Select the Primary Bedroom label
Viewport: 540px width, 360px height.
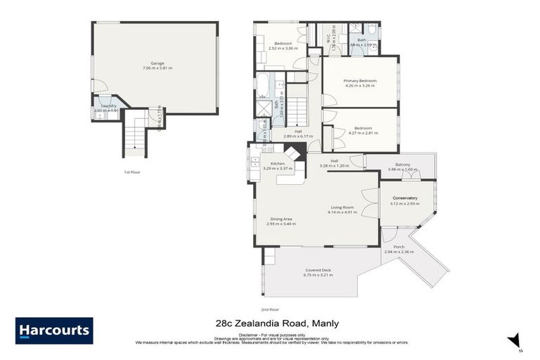pyautogui.click(x=360, y=81)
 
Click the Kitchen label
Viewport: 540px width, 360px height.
pyautogui.click(x=272, y=163)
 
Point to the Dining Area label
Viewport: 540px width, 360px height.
pyautogui.click(x=281, y=219)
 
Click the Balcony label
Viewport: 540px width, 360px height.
pyautogui.click(x=402, y=165)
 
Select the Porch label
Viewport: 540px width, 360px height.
pyautogui.click(x=399, y=247)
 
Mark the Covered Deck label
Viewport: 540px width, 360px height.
pyautogui.click(x=318, y=270)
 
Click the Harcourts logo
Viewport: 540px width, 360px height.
pyautogui.click(x=54, y=330)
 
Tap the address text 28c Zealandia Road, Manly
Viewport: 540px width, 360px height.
pyautogui.click(x=276, y=323)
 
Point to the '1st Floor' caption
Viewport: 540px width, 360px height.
pyautogui.click(x=131, y=172)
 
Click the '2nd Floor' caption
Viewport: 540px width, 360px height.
pyautogui.click(x=270, y=309)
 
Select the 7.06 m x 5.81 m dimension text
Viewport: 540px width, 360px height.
pyautogui.click(x=157, y=68)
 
